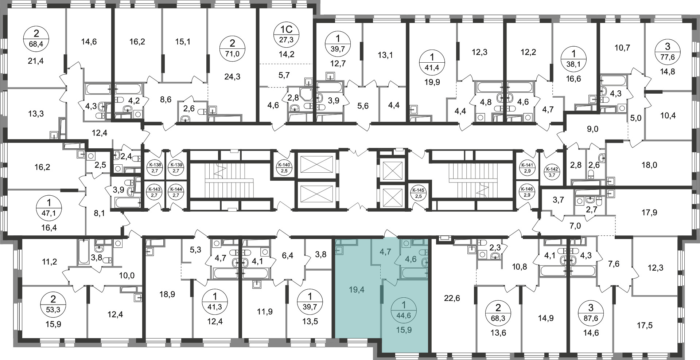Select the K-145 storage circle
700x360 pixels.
[x=418, y=193]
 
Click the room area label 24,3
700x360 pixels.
[x=233, y=77]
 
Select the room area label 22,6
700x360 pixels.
[x=452, y=298]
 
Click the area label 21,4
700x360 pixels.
[x=36, y=61]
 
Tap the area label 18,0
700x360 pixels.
[x=649, y=165]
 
